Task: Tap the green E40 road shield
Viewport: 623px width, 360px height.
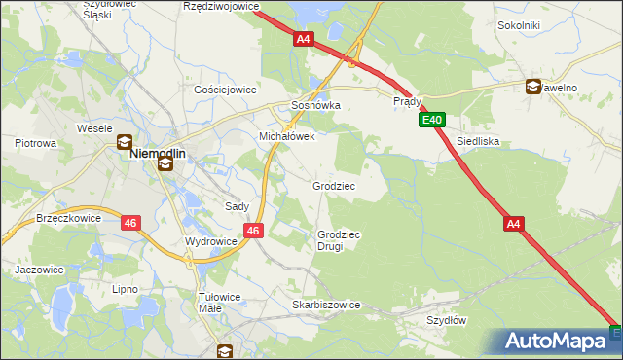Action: [433, 121]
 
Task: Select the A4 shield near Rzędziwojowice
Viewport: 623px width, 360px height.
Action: [304, 39]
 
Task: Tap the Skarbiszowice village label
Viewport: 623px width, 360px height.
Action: [326, 305]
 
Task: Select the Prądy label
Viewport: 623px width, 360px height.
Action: [407, 101]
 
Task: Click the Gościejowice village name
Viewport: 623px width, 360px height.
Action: [225, 90]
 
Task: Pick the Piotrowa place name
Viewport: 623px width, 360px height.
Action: [36, 143]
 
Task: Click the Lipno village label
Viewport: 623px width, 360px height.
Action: [125, 289]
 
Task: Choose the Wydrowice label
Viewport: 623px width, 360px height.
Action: [210, 240]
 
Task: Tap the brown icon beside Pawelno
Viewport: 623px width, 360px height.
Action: [532, 87]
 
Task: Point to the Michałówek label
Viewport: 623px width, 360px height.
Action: [286, 137]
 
